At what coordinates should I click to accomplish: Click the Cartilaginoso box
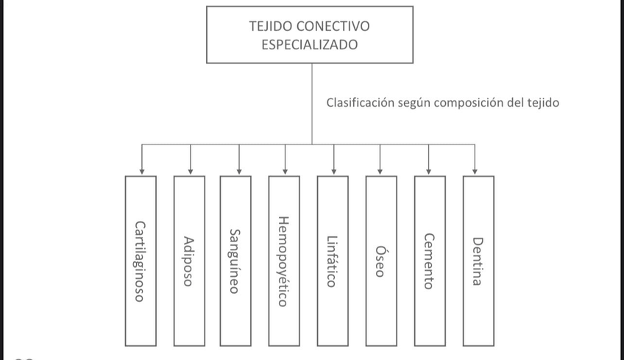coord(141,261)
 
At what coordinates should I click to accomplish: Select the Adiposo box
coord(189,261)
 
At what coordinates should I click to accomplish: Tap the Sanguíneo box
coord(235,261)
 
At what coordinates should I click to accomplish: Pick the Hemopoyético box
coord(284,261)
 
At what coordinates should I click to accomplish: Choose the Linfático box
coord(333,261)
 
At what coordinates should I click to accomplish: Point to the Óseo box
coord(380,261)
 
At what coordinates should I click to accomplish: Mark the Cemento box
coord(429,261)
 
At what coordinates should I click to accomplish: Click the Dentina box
coord(478,261)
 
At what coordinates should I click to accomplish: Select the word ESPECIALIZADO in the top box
coord(310,44)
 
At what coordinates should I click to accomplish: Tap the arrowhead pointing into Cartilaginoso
coord(141,172)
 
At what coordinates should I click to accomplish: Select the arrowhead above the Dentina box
coord(475,172)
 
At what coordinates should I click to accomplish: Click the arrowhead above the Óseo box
coord(380,172)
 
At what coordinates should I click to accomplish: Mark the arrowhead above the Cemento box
coord(428,172)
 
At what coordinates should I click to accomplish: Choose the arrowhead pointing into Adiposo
coord(191,172)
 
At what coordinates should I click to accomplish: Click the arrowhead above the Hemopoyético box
coord(286,172)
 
